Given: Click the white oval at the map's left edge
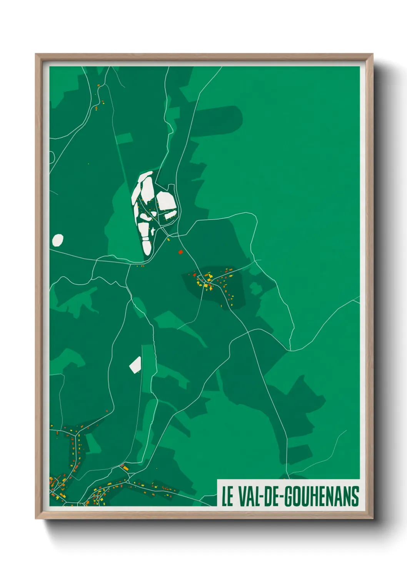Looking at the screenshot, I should coord(58,240).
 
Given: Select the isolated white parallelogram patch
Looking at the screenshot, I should coord(135,364).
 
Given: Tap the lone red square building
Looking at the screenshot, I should coord(180,252).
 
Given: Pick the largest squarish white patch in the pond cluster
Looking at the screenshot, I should coord(165,201).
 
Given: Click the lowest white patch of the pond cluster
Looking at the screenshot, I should coord(147,245).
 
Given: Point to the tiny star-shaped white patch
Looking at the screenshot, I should coord(153,231).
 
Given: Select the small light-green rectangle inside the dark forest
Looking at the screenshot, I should coord(124,138).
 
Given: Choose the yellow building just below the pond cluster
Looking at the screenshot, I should coord(168,240).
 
